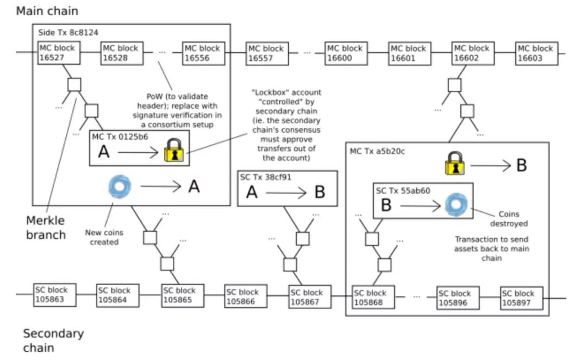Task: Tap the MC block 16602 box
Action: click(x=473, y=53)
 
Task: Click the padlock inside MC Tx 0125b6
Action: click(x=174, y=151)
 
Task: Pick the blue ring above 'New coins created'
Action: click(x=119, y=187)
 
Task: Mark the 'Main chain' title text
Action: click(x=47, y=10)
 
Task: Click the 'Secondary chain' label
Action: click(x=53, y=340)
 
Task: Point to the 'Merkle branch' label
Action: click(x=46, y=227)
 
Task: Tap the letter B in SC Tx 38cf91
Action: click(x=320, y=193)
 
